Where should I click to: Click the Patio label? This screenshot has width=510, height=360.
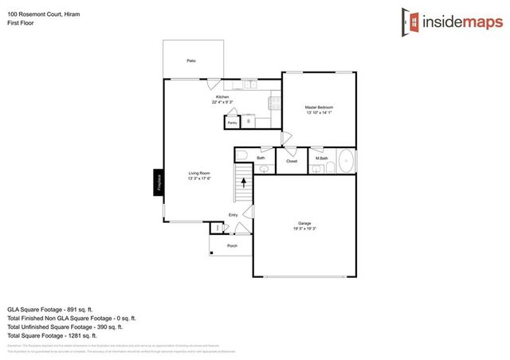191,61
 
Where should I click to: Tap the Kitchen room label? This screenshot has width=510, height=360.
222,97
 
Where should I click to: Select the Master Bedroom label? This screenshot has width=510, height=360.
319,108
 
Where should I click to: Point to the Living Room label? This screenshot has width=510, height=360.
199,173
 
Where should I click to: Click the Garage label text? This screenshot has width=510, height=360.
304,224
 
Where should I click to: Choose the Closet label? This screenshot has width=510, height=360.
292,161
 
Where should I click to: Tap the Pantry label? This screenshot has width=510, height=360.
232,123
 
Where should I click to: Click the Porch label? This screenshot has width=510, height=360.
233,245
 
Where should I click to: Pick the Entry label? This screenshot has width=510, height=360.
233,215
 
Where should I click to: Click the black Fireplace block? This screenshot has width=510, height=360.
159,182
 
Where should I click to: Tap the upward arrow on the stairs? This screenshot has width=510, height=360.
243,183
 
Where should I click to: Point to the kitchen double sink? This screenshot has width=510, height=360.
248,84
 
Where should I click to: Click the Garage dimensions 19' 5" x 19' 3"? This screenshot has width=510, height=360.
304,229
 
